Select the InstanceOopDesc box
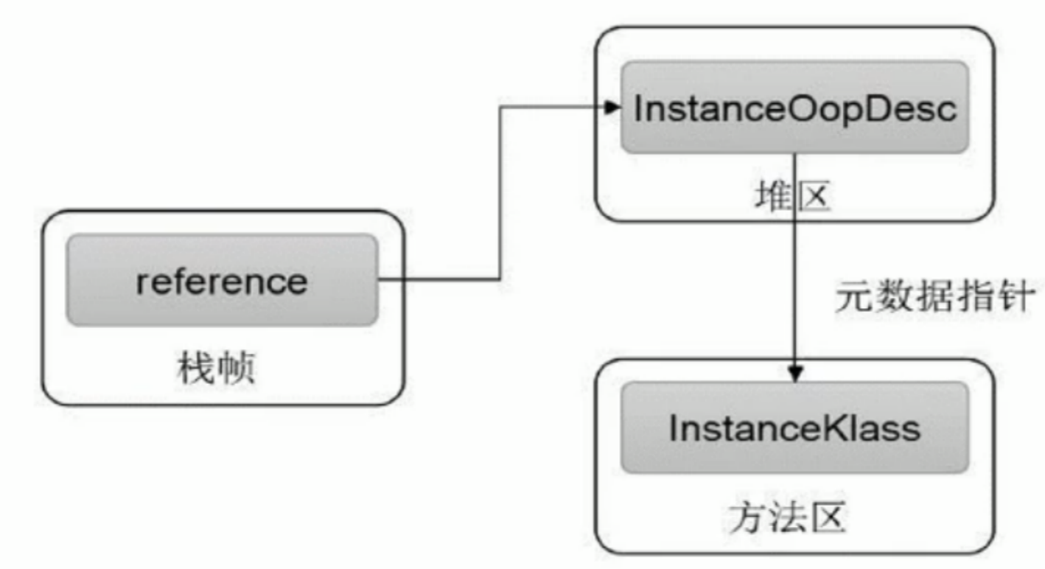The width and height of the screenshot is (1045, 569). pos(794,108)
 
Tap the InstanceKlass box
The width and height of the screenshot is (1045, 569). pos(794,427)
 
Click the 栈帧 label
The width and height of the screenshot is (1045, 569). pos(216,366)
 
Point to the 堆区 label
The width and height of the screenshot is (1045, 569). pos(792,196)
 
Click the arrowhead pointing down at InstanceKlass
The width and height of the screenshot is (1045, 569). pos(794,374)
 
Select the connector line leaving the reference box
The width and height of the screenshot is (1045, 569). pos(442,279)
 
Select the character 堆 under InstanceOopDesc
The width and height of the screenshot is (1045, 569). pos(773,196)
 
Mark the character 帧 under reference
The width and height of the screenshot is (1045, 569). pos(236,366)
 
